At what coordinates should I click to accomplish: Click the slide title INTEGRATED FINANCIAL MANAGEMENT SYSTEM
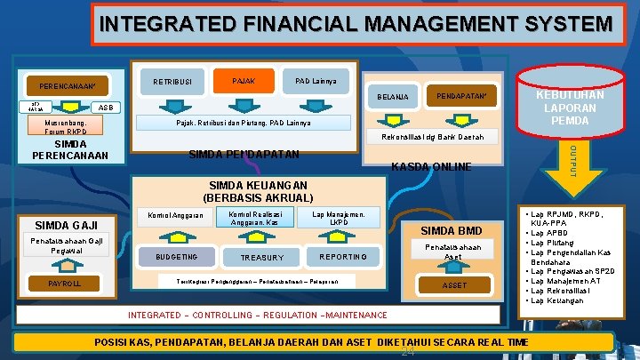[356, 24]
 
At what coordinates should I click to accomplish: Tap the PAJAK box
[243, 81]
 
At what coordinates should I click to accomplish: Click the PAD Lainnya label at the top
[314, 81]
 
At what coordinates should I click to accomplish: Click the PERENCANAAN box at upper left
[68, 87]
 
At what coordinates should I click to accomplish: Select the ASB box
[104, 108]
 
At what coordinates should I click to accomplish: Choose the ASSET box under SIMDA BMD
[453, 285]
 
